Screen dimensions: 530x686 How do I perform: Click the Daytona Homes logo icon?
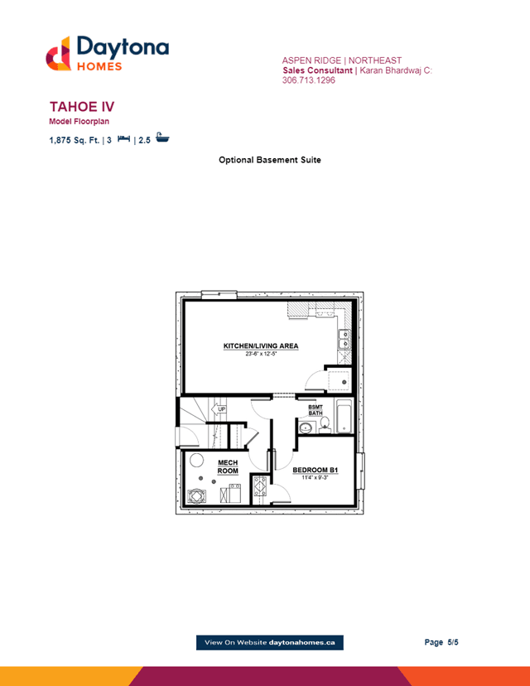click(58, 54)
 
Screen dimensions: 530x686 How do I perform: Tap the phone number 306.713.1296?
click(309, 80)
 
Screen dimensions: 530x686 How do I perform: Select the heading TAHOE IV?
click(82, 107)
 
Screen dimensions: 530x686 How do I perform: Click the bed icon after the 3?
click(123, 138)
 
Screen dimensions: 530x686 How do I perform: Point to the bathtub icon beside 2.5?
click(162, 138)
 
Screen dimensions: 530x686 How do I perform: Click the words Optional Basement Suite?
click(270, 160)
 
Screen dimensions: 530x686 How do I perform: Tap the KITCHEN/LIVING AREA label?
click(261, 345)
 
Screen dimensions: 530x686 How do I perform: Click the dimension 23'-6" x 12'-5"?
click(261, 354)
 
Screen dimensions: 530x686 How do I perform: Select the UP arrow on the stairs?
click(219, 409)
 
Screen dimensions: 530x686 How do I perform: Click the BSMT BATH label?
click(316, 410)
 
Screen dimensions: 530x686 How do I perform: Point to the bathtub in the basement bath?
click(344, 416)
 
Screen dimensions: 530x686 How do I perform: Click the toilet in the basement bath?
click(325, 424)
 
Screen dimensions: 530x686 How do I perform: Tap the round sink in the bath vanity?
click(306, 428)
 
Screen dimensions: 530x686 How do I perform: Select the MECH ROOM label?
click(228, 466)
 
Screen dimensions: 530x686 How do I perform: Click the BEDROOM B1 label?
click(316, 470)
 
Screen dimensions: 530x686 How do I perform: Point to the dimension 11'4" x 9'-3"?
click(315, 477)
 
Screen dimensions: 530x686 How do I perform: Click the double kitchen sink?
click(344, 340)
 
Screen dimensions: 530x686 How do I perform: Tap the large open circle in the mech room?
click(196, 461)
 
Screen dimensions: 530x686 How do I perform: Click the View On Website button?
click(270, 642)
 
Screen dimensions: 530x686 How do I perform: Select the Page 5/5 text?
click(441, 642)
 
